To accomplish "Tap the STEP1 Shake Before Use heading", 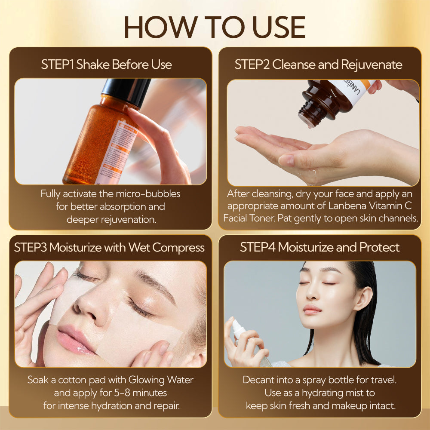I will pyautogui.click(x=107, y=64).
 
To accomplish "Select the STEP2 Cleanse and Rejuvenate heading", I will pyautogui.click(x=318, y=64).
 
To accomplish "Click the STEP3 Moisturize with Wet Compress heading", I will pyautogui.click(x=109, y=248).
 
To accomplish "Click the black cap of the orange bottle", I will pyautogui.click(x=126, y=91).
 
